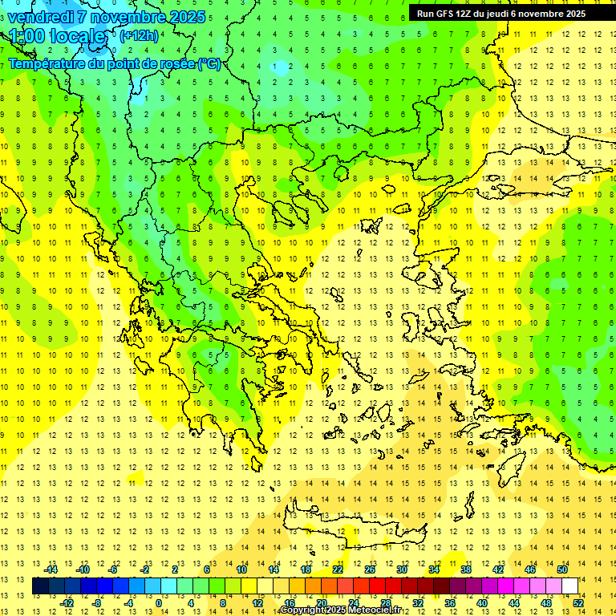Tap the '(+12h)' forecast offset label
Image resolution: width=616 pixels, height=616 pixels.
139,35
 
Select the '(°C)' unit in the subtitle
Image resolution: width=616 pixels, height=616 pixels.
209,63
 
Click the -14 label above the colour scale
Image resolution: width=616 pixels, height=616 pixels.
51,569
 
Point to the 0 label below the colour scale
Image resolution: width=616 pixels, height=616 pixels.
158,602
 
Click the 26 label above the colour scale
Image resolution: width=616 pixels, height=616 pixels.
370,569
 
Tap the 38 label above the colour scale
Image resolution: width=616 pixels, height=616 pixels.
465,569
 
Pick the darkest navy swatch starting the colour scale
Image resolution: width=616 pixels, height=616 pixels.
40,586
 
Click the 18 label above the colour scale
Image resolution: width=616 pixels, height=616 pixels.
306,569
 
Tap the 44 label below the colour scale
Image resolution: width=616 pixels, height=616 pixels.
514,602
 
